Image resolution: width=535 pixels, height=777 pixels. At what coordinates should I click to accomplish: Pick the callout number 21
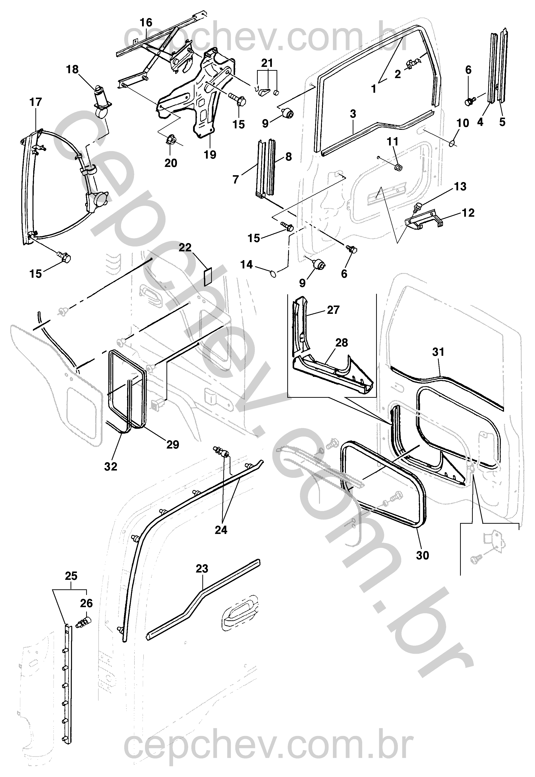click(267, 63)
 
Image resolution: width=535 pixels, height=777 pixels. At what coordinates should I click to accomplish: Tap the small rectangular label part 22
click(208, 277)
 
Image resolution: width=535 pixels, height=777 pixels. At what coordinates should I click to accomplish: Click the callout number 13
click(460, 187)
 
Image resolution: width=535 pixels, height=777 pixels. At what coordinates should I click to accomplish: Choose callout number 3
click(353, 114)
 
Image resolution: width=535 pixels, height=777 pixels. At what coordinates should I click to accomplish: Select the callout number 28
click(342, 343)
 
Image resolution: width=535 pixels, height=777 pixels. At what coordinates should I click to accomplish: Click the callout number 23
click(202, 568)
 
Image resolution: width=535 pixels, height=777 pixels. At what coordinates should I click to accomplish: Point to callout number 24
click(221, 530)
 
